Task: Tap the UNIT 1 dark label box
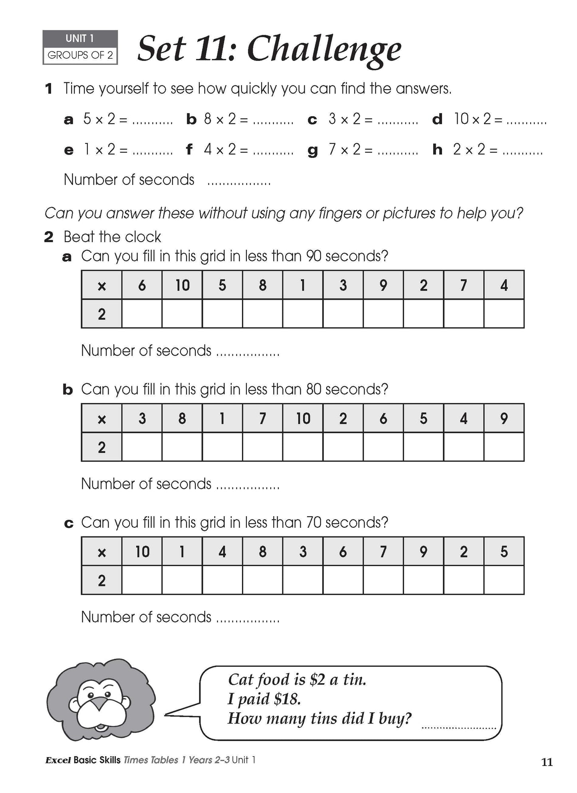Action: (x=80, y=38)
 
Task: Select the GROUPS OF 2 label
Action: (x=80, y=55)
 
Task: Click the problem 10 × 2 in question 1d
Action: (x=472, y=119)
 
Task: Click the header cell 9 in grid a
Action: (x=383, y=285)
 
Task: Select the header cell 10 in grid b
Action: (x=303, y=419)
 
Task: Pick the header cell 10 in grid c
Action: (x=142, y=552)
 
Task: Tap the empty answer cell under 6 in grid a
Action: (x=142, y=314)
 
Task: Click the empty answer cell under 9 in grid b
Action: (x=504, y=447)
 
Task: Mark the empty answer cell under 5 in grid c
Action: (x=504, y=580)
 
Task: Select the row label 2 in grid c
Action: (x=101, y=580)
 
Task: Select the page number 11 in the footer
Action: (x=547, y=762)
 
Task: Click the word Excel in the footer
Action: (x=58, y=760)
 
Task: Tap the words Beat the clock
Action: (x=112, y=237)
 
